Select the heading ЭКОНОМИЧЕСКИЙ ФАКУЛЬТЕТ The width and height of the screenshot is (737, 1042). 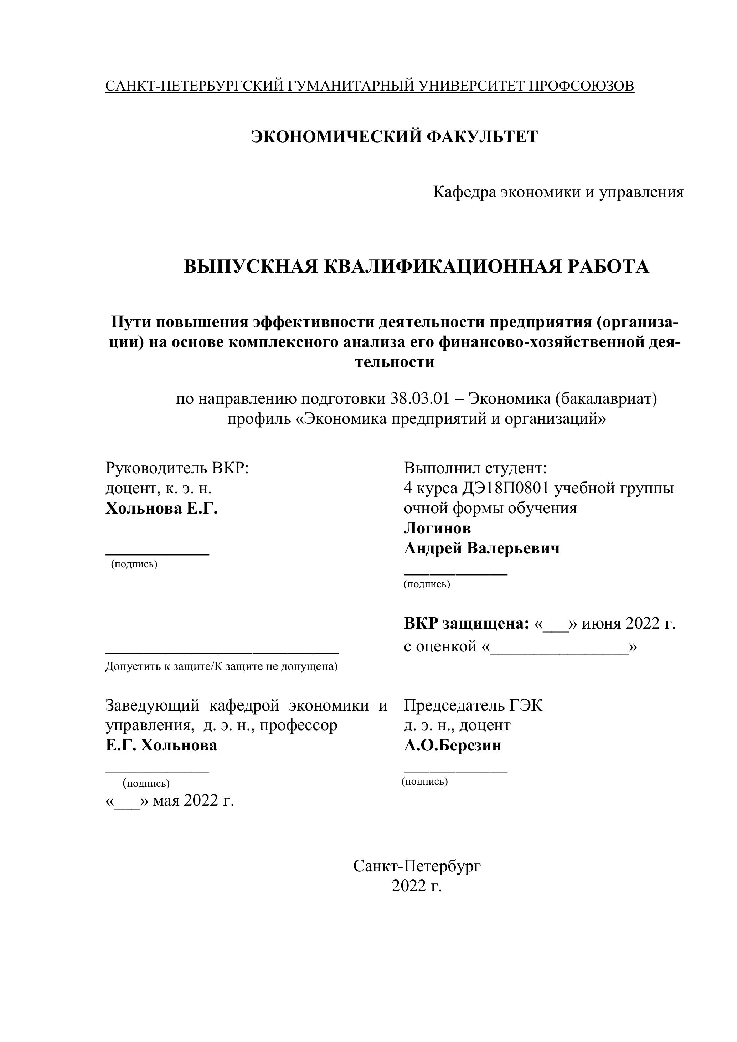pos(395,136)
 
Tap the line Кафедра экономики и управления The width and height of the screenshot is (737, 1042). pos(558,192)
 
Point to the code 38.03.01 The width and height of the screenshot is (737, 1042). pos(420,399)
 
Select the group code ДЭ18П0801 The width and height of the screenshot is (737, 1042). pos(506,488)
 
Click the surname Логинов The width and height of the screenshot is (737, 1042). pos(437,528)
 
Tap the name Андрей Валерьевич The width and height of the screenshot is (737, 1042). pos(481,548)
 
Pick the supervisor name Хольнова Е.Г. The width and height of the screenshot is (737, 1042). pos(161,508)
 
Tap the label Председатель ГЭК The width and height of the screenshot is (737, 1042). pos(473,705)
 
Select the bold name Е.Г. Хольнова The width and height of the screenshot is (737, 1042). pos(161,745)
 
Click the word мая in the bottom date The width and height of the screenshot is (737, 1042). pos(166,800)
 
